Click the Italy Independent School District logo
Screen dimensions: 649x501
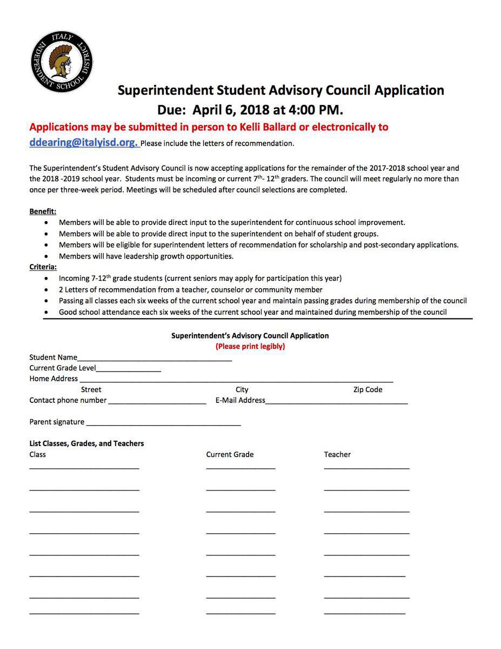[62, 61]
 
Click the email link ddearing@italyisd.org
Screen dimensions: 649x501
[83, 142]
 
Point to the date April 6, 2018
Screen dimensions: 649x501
[231, 110]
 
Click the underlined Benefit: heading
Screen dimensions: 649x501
[43, 211]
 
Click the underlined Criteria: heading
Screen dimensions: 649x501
[43, 267]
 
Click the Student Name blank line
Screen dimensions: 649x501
[155, 360]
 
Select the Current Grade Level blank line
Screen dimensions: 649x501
[129, 370]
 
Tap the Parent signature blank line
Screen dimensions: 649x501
[163, 425]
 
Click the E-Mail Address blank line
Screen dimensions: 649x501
[336, 403]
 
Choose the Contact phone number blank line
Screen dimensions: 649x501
[156, 403]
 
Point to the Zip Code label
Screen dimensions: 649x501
[368, 389]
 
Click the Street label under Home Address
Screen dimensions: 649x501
[91, 389]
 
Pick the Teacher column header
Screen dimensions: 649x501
[337, 454]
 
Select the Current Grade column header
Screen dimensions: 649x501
[230, 454]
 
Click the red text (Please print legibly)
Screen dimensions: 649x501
[250, 346]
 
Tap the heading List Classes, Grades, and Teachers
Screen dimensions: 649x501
[86, 443]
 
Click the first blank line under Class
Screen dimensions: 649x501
[84, 468]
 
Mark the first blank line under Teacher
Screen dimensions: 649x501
[366, 468]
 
